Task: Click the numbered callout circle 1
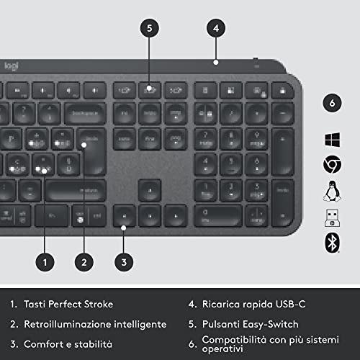coord(46,263)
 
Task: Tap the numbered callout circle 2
coord(85,263)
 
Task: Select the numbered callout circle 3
coord(124,263)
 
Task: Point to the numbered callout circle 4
coord(215,28)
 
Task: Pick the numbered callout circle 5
coord(149,28)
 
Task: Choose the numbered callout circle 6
coord(331,102)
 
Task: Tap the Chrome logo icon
coord(331,165)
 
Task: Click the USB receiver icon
coord(331,217)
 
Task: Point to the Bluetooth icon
coord(331,243)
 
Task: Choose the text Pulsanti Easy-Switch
coord(250,324)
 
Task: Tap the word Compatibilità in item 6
coord(233,339)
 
